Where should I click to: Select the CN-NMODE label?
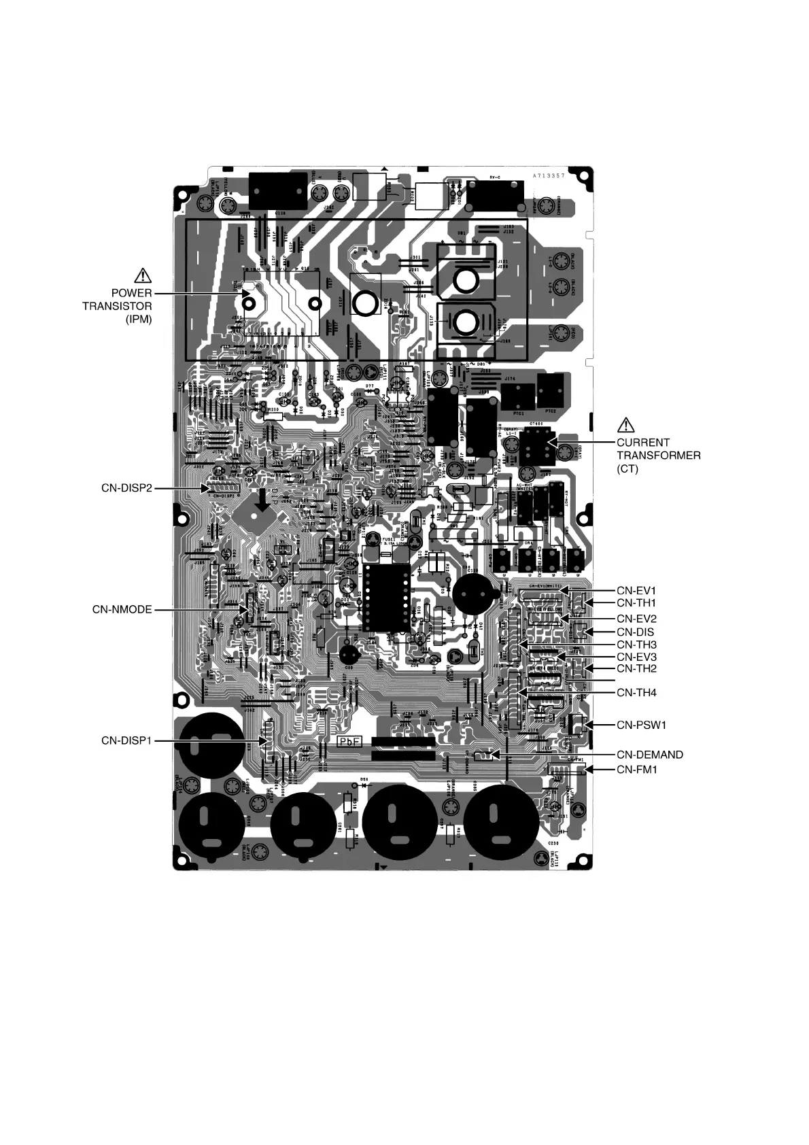(122, 609)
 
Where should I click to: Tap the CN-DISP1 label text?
(126, 740)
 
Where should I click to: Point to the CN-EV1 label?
(636, 590)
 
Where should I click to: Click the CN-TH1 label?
(636, 602)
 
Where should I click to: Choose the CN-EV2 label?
(636, 619)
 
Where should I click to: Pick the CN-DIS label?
(636, 632)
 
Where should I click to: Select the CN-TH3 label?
(637, 645)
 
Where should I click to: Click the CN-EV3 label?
(636, 657)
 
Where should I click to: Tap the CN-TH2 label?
(636, 669)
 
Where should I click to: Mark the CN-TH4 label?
(637, 693)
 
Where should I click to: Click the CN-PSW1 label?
(642, 725)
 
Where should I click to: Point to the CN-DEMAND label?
(650, 755)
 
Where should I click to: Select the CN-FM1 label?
(637, 770)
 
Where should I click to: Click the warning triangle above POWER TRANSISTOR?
(143, 275)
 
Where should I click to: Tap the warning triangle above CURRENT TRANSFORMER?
(625, 426)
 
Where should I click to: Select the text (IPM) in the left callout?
(137, 319)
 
